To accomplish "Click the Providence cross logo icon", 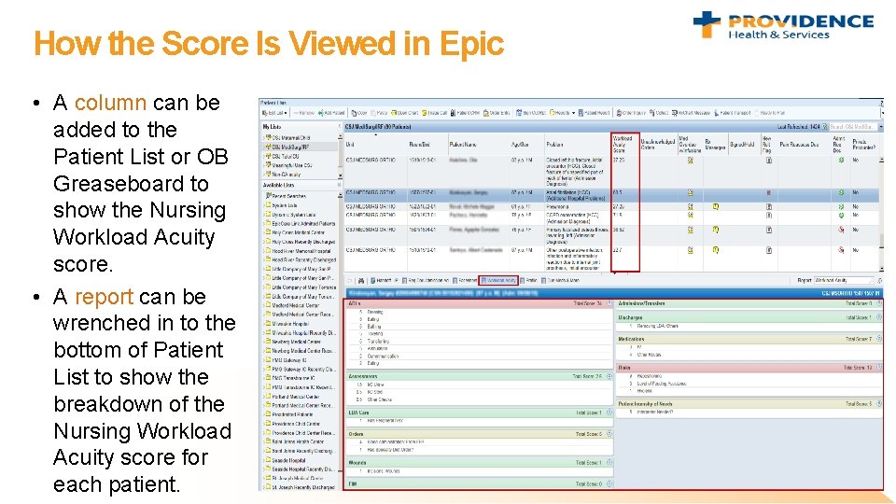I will coord(707,24).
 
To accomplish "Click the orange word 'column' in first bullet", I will coord(110,103).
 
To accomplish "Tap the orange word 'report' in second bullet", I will coord(104,297).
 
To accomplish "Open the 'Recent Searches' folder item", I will coord(292,197).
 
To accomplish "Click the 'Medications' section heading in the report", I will coord(632,340).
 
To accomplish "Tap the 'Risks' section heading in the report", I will coord(624,368).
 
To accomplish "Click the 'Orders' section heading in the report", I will coord(356,434).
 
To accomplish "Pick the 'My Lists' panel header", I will coord(272,126).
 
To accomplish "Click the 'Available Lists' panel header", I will coord(278,185).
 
